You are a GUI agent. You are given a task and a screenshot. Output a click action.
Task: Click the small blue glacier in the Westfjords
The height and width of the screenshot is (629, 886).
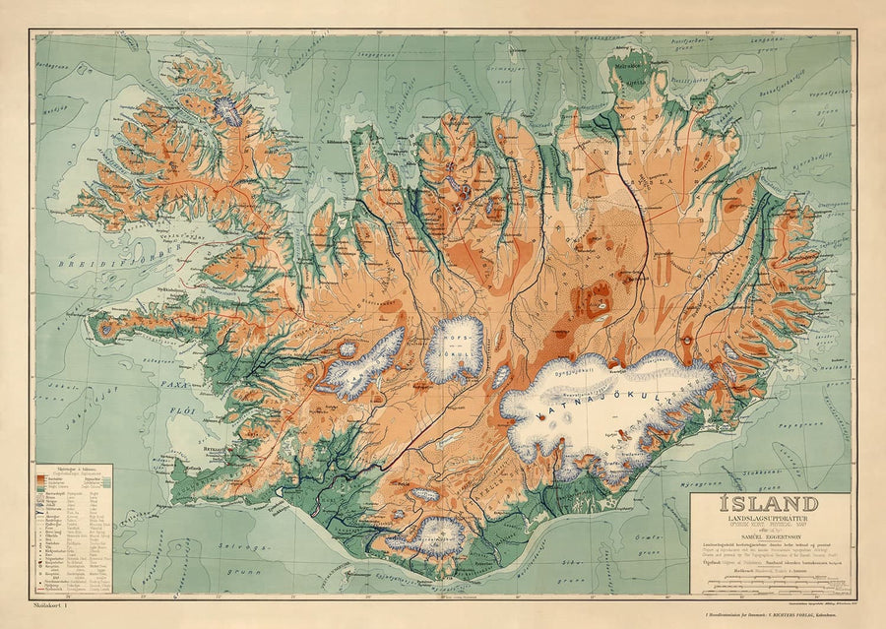(229, 108)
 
